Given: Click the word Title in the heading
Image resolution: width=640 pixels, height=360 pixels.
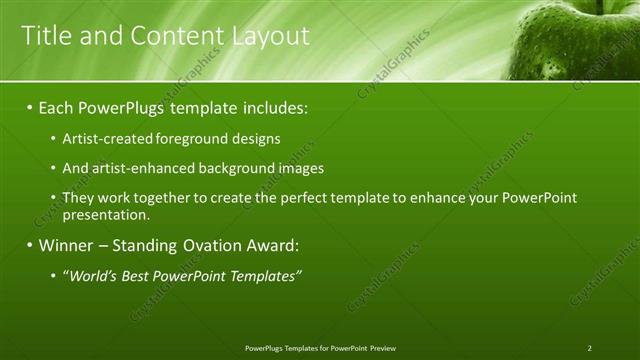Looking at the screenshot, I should coord(44,37).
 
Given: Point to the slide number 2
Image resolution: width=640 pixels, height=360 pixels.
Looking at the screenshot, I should coord(590,348).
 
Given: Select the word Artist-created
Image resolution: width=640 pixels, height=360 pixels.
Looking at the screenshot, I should coord(102,138).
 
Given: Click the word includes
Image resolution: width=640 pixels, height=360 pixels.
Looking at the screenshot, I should coord(275,106).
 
